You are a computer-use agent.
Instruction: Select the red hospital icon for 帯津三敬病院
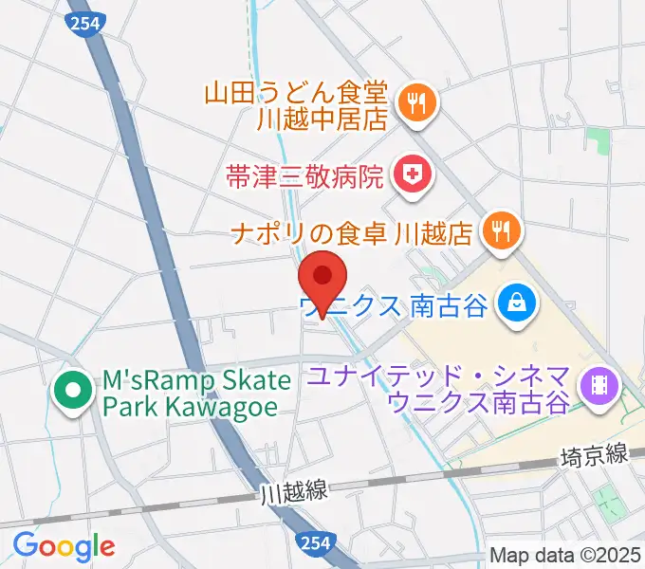click(412, 174)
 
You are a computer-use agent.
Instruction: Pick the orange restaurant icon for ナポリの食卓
click(500, 230)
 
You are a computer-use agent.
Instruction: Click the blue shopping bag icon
click(518, 305)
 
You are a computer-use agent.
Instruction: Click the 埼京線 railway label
click(595, 457)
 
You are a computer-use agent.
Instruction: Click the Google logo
click(64, 545)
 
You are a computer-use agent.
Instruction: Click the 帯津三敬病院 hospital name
click(304, 174)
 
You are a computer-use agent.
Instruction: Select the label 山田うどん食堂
click(295, 93)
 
